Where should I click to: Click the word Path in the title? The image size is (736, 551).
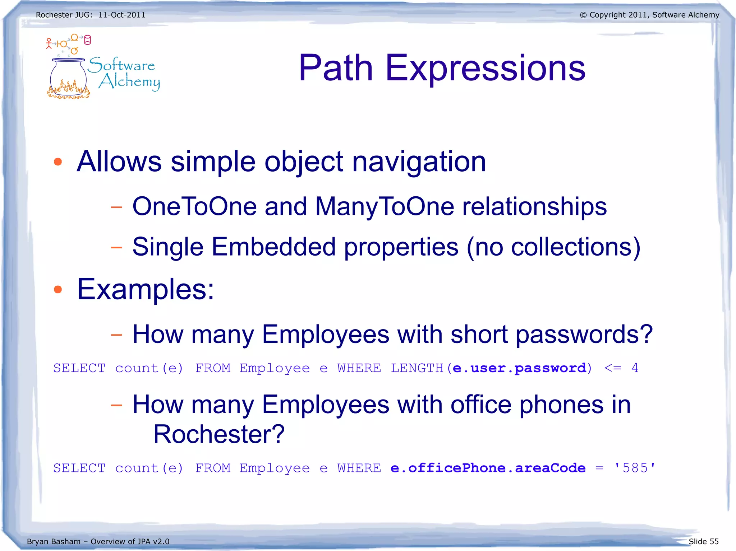(x=336, y=68)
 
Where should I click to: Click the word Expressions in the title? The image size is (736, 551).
(x=485, y=68)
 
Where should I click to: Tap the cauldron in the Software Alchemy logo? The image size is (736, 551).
(x=68, y=77)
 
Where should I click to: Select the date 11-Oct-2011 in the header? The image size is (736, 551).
(x=122, y=15)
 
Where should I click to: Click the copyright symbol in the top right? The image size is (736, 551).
(x=583, y=15)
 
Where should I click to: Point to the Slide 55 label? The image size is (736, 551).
(x=703, y=541)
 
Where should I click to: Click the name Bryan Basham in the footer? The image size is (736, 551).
(x=54, y=541)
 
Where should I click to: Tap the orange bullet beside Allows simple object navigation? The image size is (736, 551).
(x=58, y=162)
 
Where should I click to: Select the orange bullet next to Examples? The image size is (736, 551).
(x=58, y=289)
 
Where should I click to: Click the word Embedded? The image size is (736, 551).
(x=273, y=247)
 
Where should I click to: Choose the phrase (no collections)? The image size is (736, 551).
(x=553, y=247)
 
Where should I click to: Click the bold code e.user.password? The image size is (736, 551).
(x=519, y=368)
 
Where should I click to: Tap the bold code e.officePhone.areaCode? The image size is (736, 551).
(x=488, y=468)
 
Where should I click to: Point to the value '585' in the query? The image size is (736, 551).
(x=635, y=468)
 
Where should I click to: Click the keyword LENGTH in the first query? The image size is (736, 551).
(x=417, y=368)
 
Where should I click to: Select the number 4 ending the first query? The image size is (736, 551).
(x=635, y=368)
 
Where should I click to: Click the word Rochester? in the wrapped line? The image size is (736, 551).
(x=219, y=434)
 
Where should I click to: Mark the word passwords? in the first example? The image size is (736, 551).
(x=584, y=335)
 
